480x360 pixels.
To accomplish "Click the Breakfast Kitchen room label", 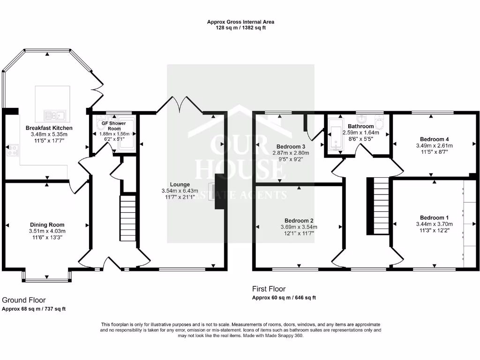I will (49, 128).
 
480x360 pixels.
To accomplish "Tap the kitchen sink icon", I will (55, 114).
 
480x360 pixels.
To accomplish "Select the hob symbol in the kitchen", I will (12, 150).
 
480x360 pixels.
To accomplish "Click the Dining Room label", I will (47, 225).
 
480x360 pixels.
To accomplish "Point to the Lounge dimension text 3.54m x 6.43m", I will (180, 191).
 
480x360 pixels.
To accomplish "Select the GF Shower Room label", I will (114, 126).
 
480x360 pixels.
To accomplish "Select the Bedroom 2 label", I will (299, 220).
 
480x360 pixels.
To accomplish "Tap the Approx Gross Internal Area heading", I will (240, 22).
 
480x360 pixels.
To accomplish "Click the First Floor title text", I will (269, 289).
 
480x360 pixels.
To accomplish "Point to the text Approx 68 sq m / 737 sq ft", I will (34, 309).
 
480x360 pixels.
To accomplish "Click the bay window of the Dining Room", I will (46, 280).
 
